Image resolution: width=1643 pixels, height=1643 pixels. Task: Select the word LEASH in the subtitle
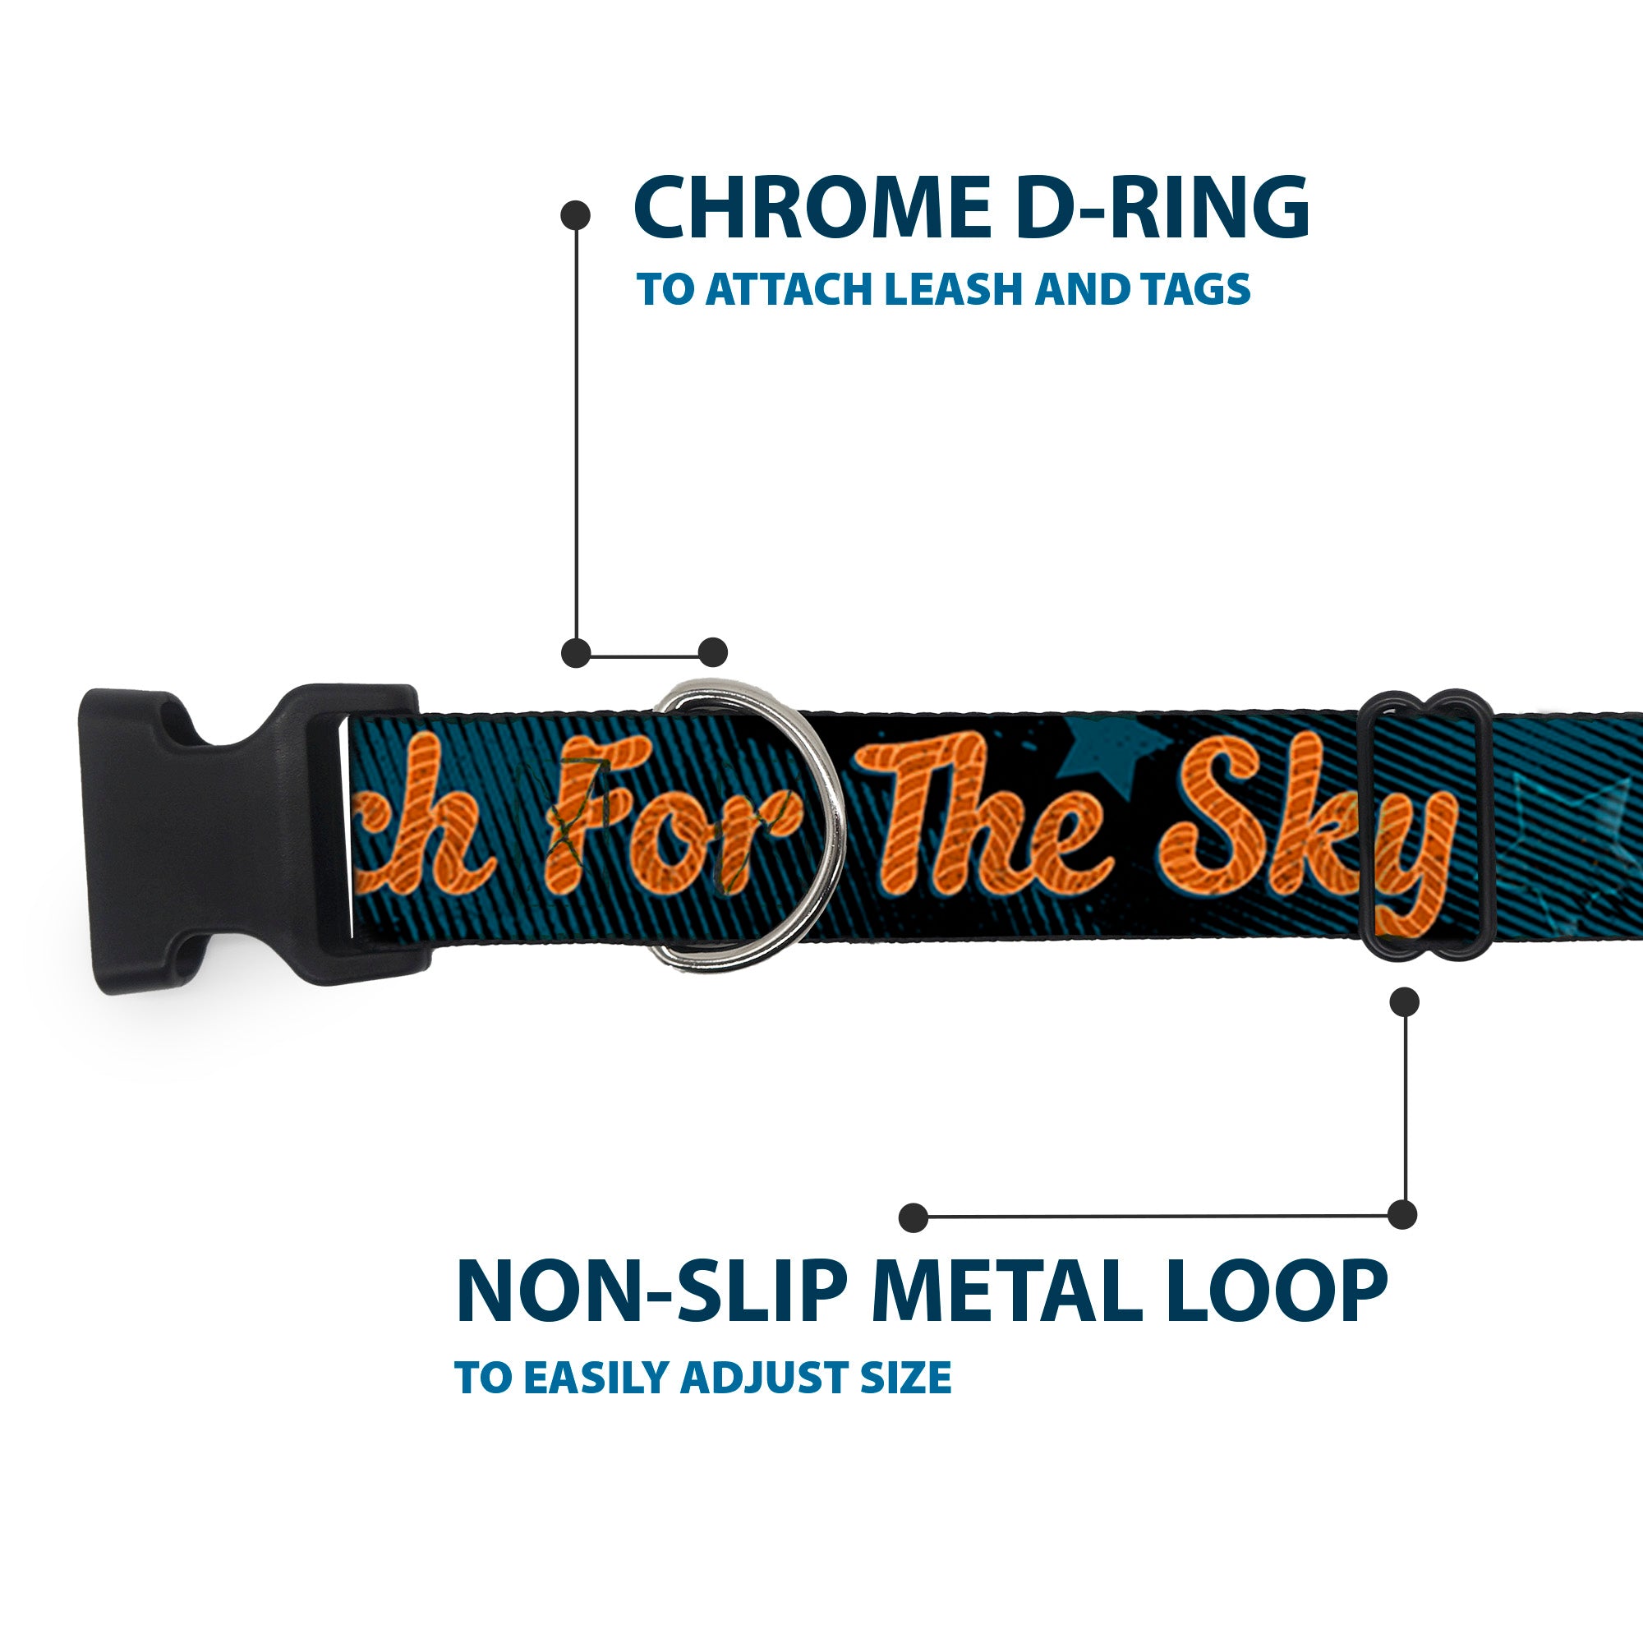click(x=952, y=290)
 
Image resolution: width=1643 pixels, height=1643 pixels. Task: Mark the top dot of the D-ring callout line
click(x=576, y=215)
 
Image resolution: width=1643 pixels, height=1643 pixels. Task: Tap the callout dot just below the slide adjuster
click(x=1404, y=1001)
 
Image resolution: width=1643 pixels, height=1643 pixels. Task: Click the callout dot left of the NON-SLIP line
click(x=913, y=1217)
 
